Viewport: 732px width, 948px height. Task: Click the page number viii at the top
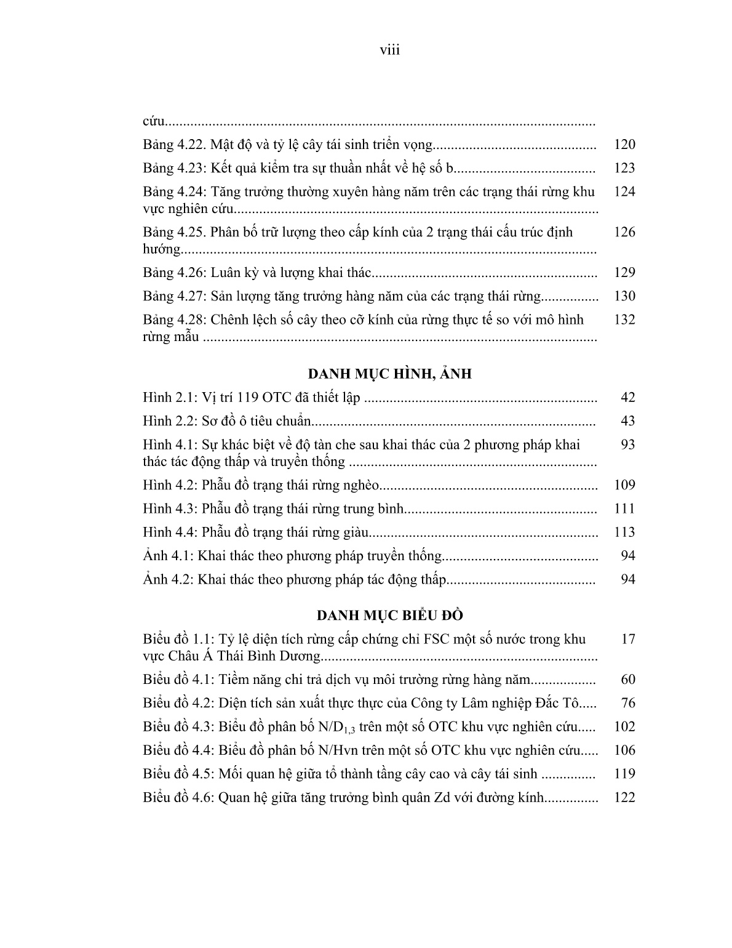389,50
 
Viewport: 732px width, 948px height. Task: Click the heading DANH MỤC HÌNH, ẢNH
389,374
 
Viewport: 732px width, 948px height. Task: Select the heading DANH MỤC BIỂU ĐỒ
390,616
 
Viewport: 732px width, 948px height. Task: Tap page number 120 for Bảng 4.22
624,145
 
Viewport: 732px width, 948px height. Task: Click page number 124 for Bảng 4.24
624,191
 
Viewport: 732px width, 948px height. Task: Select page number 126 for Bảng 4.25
624,232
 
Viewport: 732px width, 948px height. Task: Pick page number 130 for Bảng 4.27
624,296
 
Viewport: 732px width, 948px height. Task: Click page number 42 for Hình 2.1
627,398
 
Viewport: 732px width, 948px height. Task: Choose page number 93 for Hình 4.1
627,444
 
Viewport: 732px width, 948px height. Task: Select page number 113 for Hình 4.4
624,532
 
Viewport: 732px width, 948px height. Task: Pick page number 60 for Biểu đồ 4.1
627,680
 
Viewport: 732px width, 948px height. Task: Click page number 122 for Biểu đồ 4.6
624,798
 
